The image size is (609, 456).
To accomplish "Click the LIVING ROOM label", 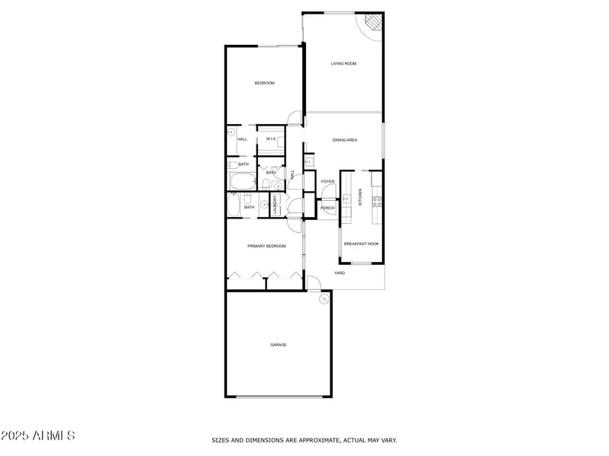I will point(343,63).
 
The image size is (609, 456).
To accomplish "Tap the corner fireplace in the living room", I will point(372,25).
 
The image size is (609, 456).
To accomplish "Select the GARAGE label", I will point(279,345).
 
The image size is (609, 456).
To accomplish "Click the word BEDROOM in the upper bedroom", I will point(264,82).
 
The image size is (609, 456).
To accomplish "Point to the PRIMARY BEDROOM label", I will point(266,246).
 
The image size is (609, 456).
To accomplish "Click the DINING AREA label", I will point(345,140).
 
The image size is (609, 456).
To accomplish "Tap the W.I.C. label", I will point(271,139).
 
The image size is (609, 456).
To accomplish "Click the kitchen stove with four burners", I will point(376,202).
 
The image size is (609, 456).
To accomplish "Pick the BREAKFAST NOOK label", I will point(361,244).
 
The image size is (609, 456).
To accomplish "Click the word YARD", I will point(340,273).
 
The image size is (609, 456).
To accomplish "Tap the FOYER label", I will point(328,181).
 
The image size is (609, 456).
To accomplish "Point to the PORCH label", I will point(327,208).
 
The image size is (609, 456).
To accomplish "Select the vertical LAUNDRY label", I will point(265,205).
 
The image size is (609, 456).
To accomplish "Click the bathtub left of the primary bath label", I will point(233,206).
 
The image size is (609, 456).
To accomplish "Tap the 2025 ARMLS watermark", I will point(38,436).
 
